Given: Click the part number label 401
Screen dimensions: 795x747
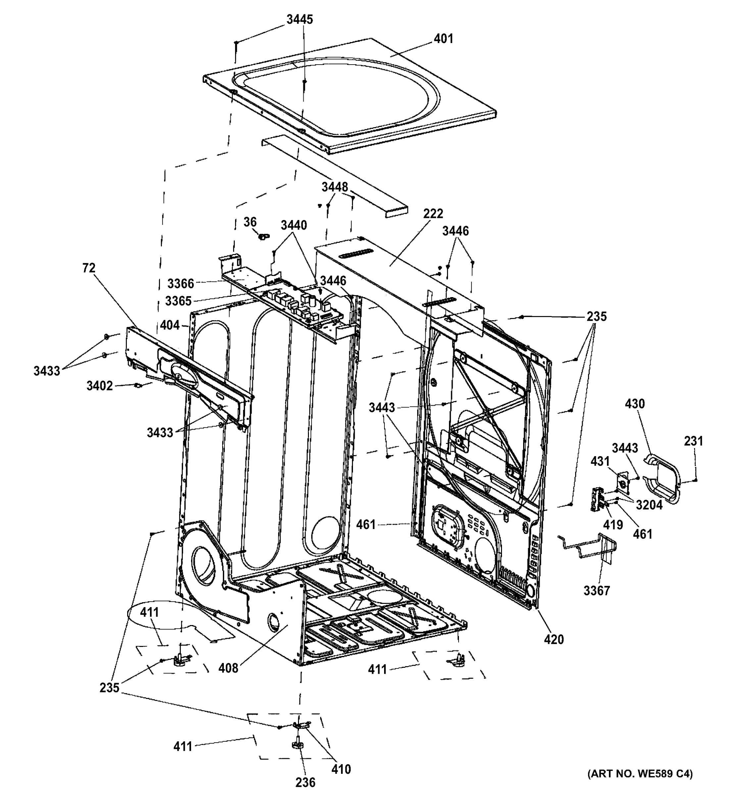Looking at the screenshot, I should coord(443,39).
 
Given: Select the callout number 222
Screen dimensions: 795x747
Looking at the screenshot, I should coord(433,214).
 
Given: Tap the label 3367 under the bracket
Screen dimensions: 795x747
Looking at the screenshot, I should coord(596,591).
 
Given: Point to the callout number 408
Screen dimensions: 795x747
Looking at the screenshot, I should coord(228,668).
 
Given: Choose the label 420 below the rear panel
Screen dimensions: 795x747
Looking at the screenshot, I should coord(554,639).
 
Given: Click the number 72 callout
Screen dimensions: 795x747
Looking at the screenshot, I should coord(89,268).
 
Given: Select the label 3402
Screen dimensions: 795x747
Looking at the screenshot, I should coord(100,386).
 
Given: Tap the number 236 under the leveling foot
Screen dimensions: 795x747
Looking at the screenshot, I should coord(305,782).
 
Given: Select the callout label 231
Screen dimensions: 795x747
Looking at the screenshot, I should coord(693,441).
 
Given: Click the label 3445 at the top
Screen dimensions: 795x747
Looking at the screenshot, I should coord(300,20).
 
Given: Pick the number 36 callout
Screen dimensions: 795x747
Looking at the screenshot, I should coord(250,222).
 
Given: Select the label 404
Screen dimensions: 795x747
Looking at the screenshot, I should coord(170,326).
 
